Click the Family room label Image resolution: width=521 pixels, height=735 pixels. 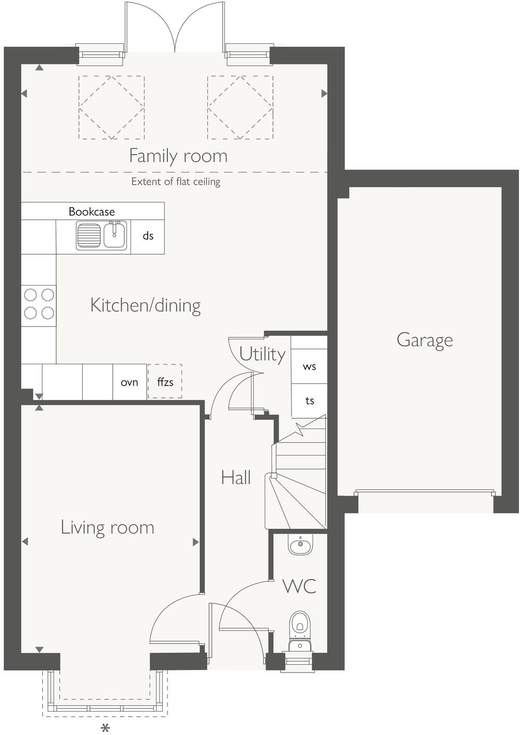(178, 156)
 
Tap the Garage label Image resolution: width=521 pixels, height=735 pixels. (424, 340)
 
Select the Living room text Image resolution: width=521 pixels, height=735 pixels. (108, 527)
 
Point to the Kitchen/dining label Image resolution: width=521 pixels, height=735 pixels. (146, 305)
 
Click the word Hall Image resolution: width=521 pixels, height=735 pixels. (236, 478)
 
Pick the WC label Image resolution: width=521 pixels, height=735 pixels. (299, 586)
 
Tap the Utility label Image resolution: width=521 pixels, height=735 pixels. (262, 354)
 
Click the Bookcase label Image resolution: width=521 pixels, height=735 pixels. (92, 212)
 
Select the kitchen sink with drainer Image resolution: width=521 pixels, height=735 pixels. (102, 236)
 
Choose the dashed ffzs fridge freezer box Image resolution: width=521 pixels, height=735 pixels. (165, 382)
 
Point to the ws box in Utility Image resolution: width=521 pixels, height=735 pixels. (309, 367)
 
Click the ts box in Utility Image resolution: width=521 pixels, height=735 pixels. (309, 401)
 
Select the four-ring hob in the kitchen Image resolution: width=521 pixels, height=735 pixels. (39, 304)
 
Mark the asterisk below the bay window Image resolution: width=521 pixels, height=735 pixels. (106, 727)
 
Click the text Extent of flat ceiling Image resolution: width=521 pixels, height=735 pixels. (176, 182)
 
